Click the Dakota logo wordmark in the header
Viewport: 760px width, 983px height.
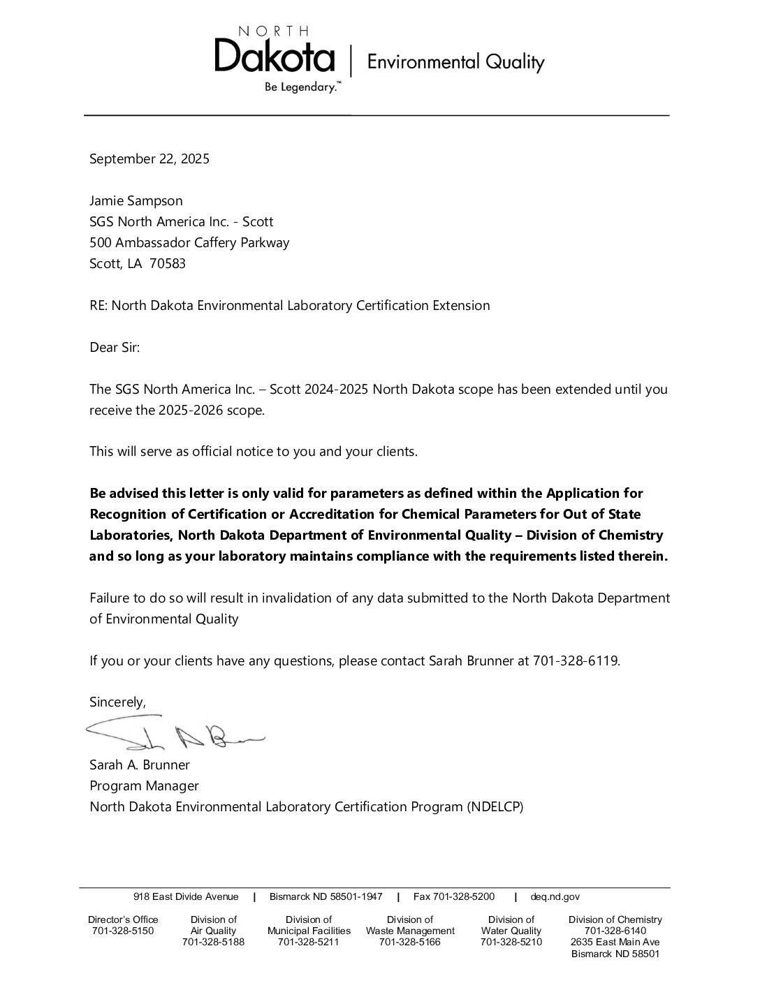(x=275, y=56)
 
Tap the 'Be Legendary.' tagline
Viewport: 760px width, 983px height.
(x=302, y=88)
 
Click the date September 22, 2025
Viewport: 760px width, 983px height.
(x=149, y=158)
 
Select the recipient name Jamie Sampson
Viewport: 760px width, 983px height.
(x=136, y=200)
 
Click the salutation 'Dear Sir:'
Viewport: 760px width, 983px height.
(x=115, y=347)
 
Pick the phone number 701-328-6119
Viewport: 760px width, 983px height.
(x=576, y=660)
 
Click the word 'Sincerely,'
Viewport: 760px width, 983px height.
(x=117, y=702)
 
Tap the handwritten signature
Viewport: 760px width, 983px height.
(x=175, y=732)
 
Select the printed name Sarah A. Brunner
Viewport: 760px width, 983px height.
(x=139, y=764)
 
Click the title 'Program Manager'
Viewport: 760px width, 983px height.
(x=144, y=785)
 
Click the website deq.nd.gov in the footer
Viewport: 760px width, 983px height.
(x=555, y=896)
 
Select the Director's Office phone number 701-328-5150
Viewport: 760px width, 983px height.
(x=123, y=931)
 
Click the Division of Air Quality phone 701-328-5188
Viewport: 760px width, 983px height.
(x=213, y=942)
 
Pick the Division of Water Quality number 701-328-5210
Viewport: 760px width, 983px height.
(x=511, y=942)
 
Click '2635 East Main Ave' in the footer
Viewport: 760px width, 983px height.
(x=615, y=942)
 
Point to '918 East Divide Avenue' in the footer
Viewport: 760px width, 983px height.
(x=186, y=896)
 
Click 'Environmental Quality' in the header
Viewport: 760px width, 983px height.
(x=455, y=62)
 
